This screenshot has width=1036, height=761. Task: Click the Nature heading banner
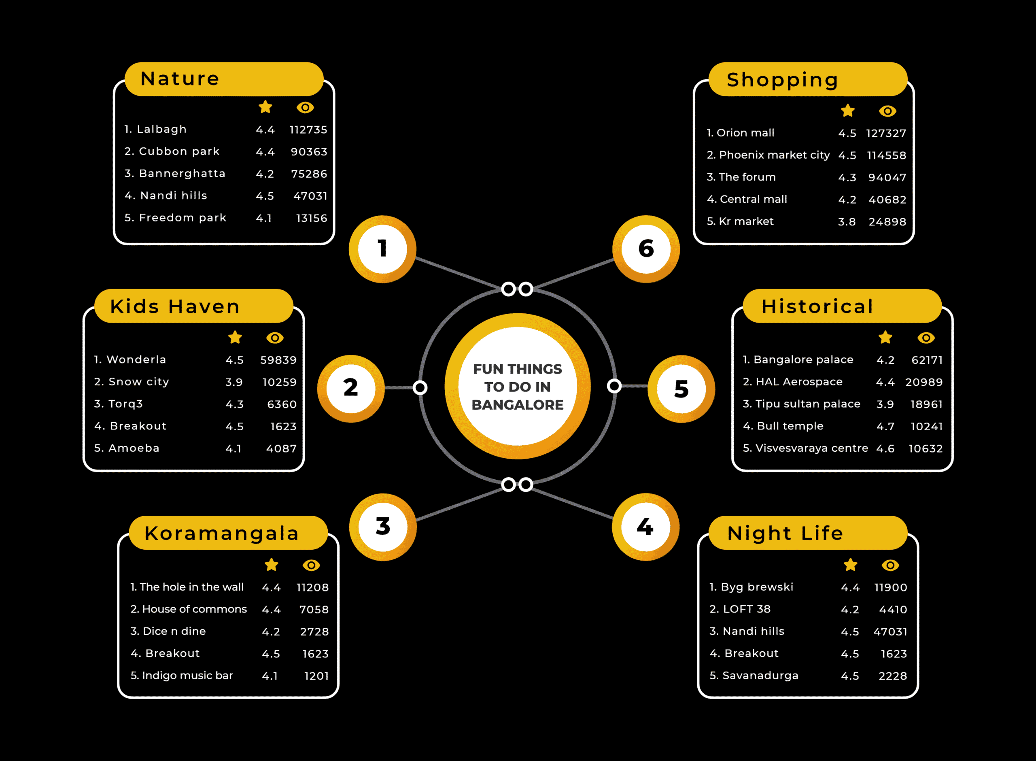224,79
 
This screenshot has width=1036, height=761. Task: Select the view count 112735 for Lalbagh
308,130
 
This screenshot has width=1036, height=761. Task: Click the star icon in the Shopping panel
848,111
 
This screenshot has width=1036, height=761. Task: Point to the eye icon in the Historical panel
926,338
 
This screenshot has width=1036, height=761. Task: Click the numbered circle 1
382,249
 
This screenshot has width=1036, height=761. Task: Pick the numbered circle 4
645,527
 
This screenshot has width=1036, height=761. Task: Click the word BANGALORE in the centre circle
518,405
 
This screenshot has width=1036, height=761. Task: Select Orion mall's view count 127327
886,134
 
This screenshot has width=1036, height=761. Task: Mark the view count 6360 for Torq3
282,404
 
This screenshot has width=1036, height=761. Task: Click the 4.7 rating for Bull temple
885,427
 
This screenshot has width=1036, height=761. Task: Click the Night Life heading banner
808,533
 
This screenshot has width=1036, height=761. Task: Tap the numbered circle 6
646,249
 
